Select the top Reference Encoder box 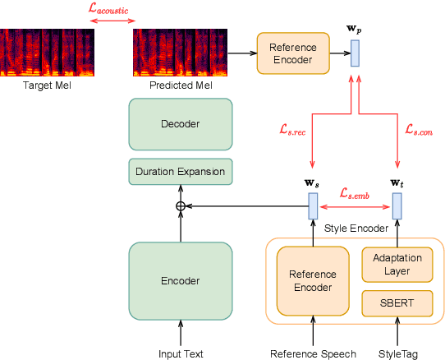pos(292,53)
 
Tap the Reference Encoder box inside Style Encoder pos(312,280)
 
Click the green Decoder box pos(181,124)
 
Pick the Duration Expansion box pos(181,172)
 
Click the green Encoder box pos(181,280)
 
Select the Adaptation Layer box pos(397,265)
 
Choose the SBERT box pos(397,302)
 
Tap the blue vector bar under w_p pos(355,53)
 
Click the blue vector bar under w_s pos(313,205)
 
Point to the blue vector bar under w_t pos(397,205)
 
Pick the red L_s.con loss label pos(419,129)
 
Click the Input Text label pos(181,353)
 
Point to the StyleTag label pos(397,353)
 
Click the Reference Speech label pos(313,353)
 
